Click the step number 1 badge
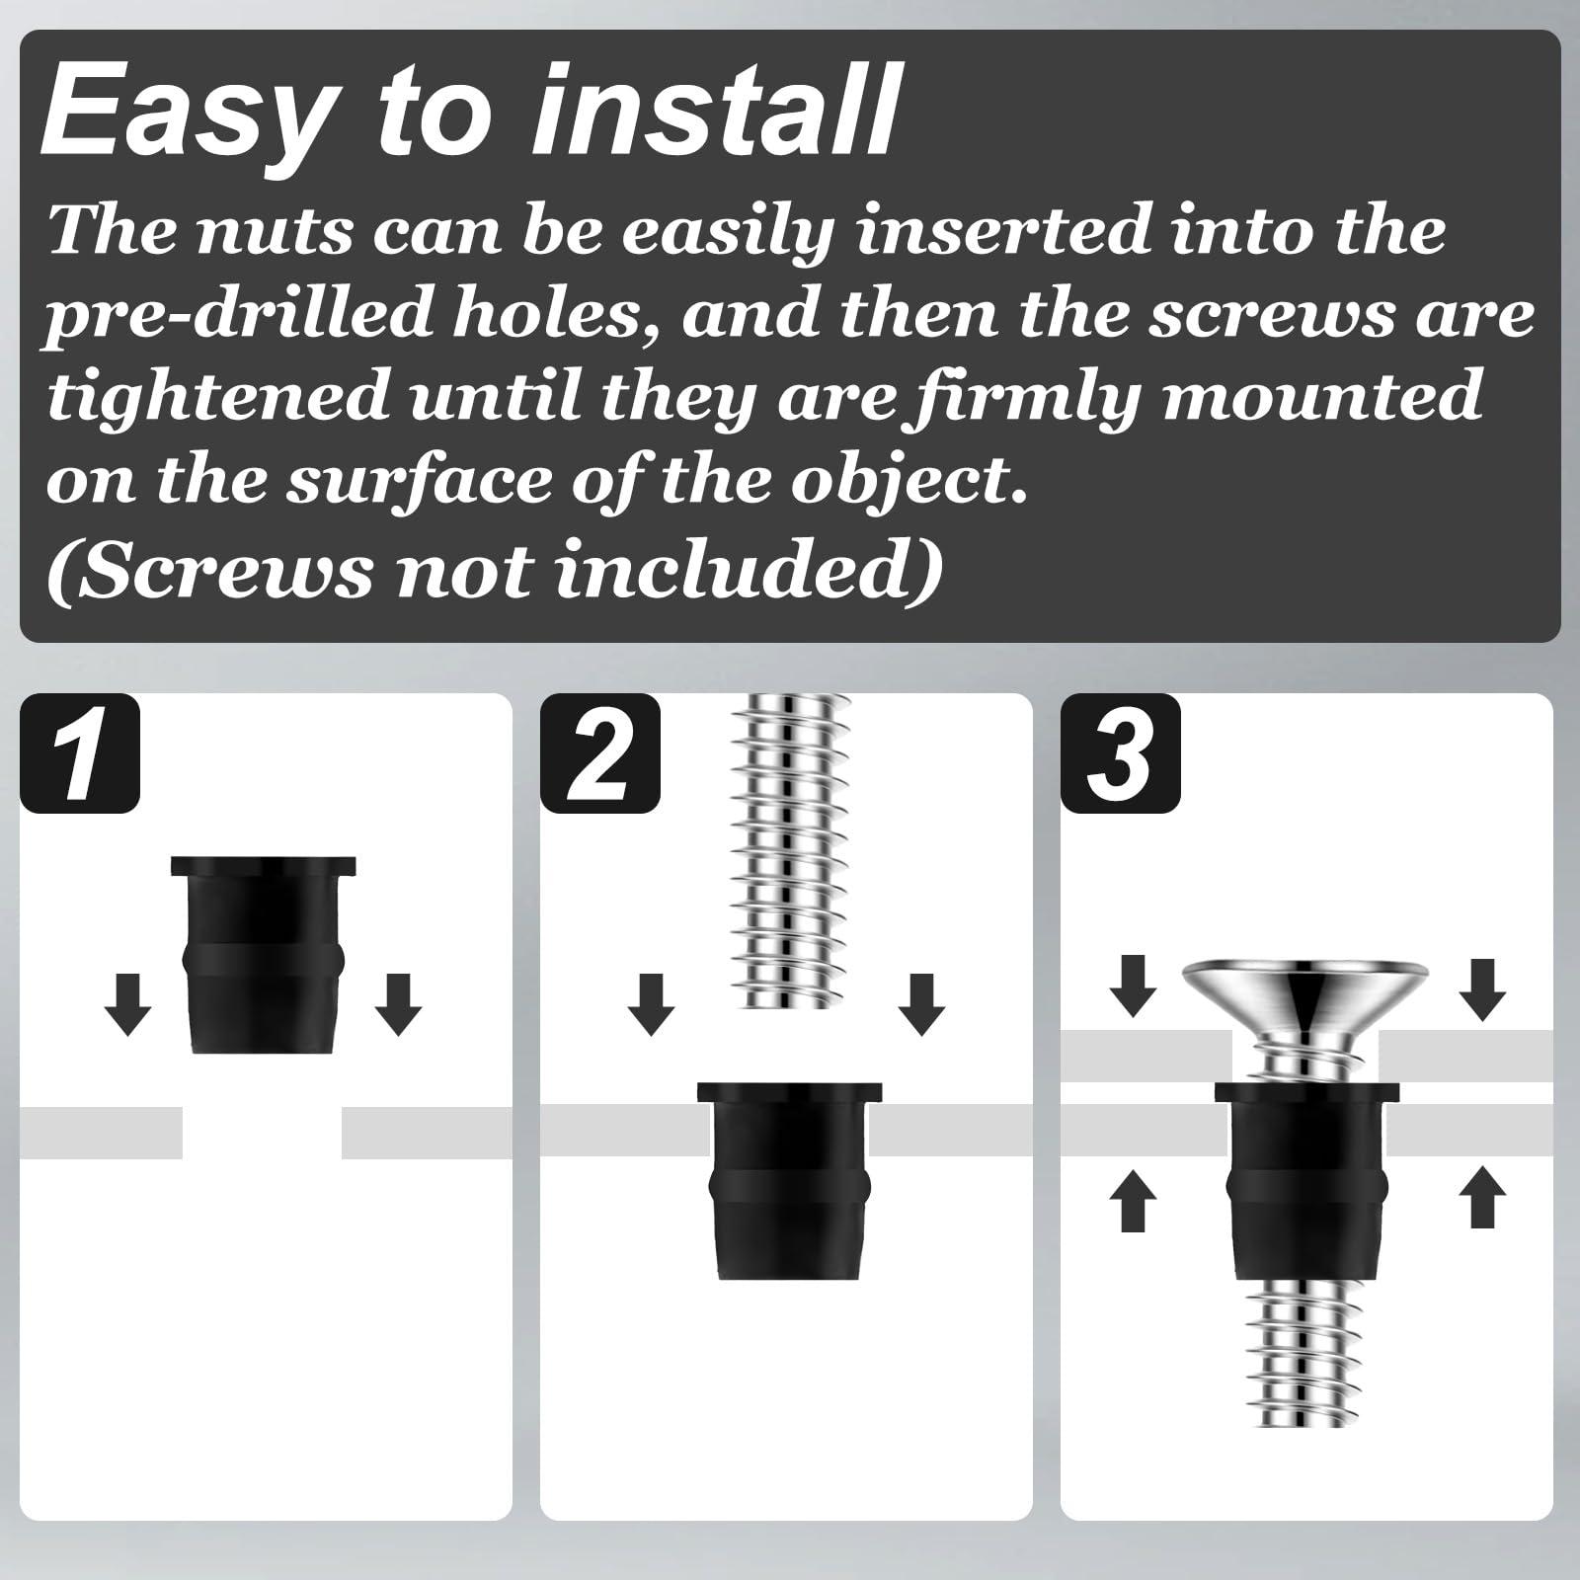pos(80,753)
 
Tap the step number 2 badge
pos(600,753)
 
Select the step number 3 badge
pos(1121,753)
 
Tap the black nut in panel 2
pos(789,1181)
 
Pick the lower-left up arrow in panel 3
pos(1133,1199)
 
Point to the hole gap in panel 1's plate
pos(262,1133)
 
